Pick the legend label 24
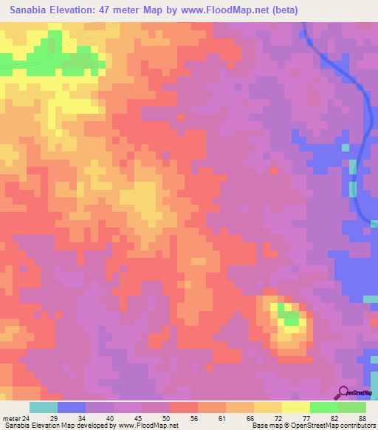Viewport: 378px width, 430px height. coord(26,418)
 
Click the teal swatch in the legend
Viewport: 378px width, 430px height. coord(44,407)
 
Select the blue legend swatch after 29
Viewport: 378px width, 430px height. coord(72,407)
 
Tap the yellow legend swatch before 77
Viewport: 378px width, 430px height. coord(296,407)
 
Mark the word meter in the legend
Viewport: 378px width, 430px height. coord(10,418)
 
